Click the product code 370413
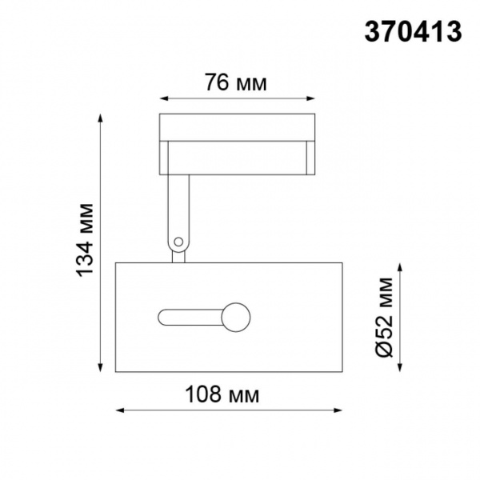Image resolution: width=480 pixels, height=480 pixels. (x=413, y=31)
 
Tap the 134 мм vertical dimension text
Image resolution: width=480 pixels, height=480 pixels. (x=86, y=241)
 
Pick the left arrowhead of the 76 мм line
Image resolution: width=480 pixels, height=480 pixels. (x=163, y=99)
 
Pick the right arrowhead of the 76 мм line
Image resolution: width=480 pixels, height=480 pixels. (x=313, y=99)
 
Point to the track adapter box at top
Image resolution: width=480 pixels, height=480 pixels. (x=237, y=128)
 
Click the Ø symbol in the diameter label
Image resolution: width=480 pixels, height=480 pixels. (x=385, y=349)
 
